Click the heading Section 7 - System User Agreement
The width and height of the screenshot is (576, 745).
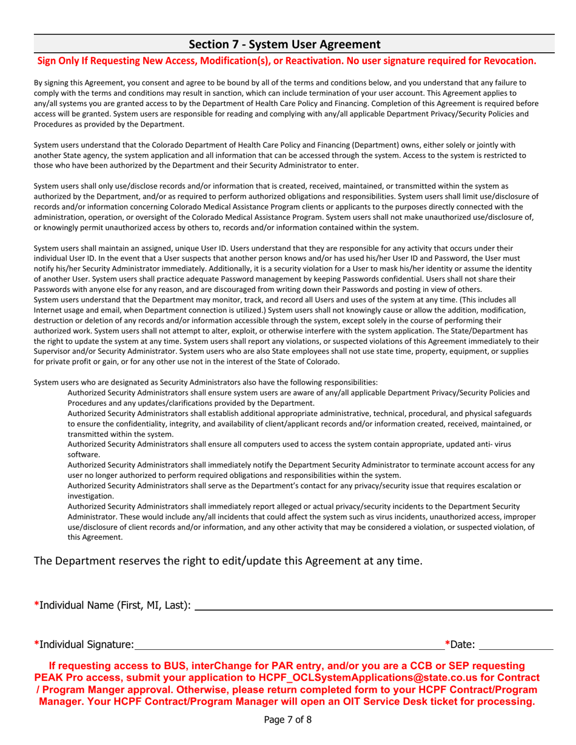[284, 44]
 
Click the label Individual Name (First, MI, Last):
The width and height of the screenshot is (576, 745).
[115, 605]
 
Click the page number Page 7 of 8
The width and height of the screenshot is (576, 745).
[287, 720]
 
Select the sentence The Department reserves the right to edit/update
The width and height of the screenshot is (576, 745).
[227, 561]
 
